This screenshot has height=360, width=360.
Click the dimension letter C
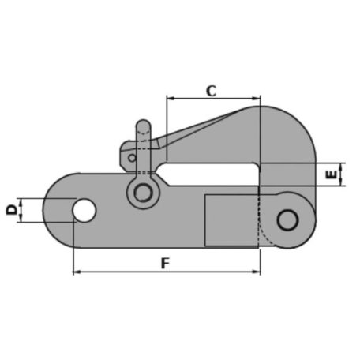coord(211,91)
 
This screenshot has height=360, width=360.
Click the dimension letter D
coord(12,210)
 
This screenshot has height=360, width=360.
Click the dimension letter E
coord(332,174)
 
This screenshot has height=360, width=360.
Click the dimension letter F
coord(165,263)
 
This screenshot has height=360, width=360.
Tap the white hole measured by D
coord(84,210)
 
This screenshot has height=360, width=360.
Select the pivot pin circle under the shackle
coord(143,193)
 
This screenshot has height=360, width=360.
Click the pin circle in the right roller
coord(287,220)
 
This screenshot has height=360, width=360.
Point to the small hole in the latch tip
coord(132,158)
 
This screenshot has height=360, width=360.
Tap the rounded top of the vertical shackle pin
coord(144,125)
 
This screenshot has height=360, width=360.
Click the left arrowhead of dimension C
coord(171,99)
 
